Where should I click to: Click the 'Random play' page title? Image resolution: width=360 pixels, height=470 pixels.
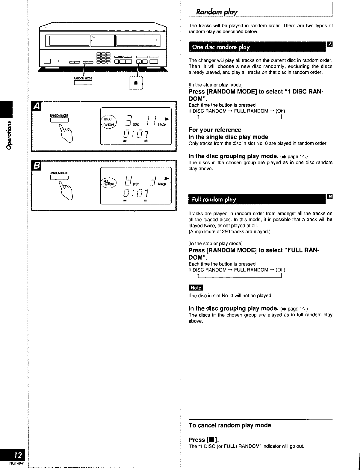[217, 12]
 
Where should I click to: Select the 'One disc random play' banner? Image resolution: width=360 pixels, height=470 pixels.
[221, 47]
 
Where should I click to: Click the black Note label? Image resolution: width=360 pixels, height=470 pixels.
[196, 288]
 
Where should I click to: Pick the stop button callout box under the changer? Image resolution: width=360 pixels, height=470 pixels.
[136, 83]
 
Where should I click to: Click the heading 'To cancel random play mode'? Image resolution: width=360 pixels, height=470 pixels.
[230, 425]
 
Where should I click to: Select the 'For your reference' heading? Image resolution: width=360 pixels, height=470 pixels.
[215, 130]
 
